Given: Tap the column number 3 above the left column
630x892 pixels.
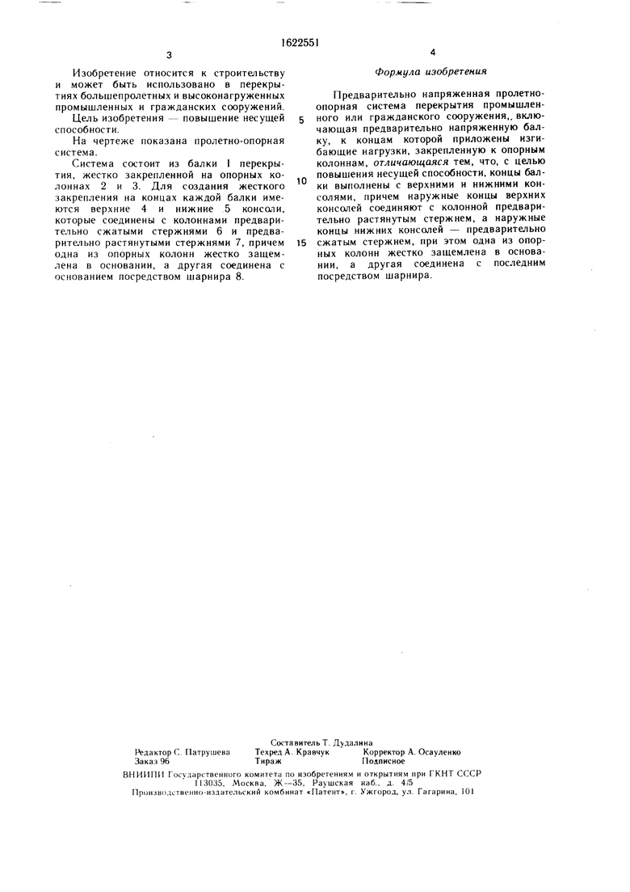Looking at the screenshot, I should coord(170,55).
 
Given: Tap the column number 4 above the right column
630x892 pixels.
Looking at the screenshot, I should coord(433,53).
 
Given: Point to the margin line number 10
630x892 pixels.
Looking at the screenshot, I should coord(300,181).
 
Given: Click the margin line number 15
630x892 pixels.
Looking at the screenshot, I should coord(300,243).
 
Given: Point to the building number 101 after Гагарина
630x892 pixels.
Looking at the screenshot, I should coord(466,793).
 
